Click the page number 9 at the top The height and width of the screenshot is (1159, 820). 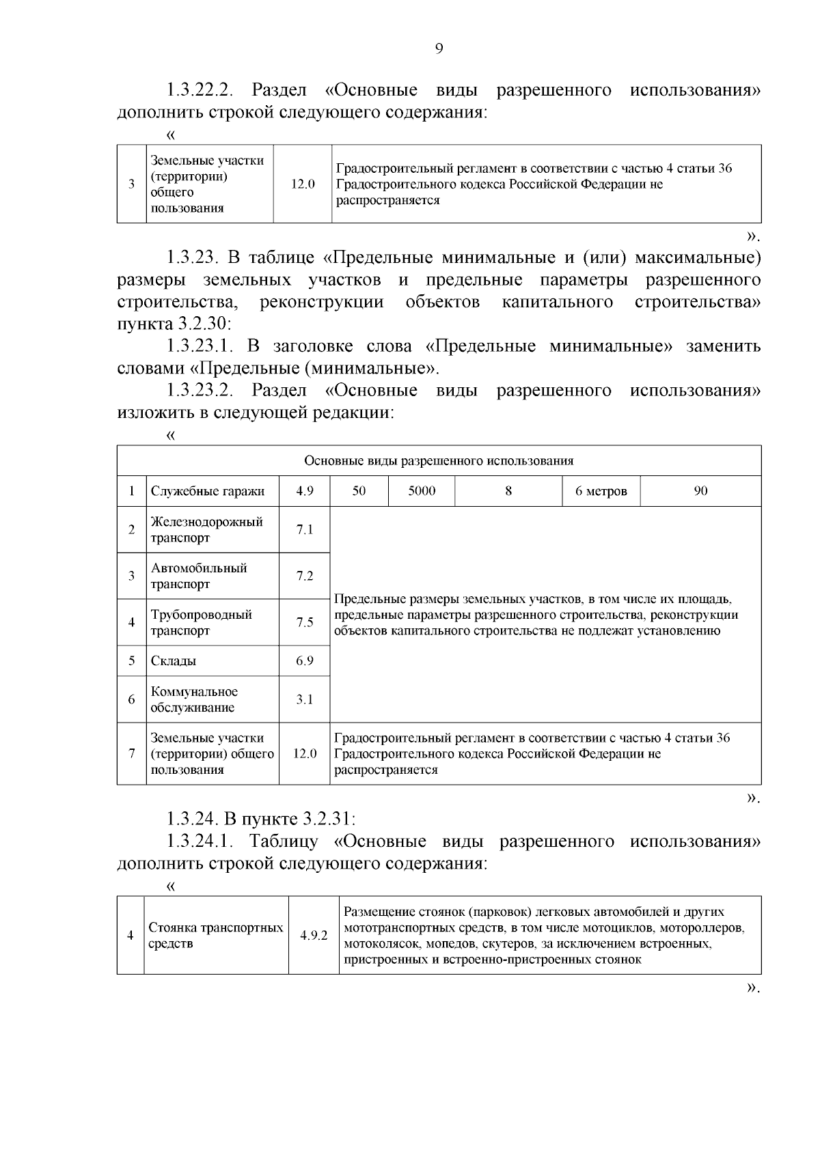click(x=439, y=48)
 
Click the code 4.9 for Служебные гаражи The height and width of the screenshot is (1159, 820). click(x=304, y=491)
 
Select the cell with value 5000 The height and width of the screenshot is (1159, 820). click(x=422, y=491)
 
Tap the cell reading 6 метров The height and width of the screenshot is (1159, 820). click(x=601, y=491)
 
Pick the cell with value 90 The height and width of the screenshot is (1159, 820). click(x=700, y=491)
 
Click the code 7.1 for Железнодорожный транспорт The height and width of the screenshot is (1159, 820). click(x=304, y=529)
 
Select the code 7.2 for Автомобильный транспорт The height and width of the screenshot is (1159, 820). click(x=304, y=576)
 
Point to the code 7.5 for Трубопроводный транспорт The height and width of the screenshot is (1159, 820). click(x=304, y=622)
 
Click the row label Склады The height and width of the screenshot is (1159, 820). click(x=174, y=661)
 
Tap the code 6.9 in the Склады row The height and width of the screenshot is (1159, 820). click(x=304, y=661)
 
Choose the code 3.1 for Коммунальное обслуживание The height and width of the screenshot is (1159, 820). click(x=304, y=699)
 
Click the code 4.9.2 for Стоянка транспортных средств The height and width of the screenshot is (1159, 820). click(x=314, y=936)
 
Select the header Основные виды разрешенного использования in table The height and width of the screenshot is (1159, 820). click(x=439, y=460)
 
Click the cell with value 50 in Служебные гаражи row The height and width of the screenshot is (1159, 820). click(x=359, y=491)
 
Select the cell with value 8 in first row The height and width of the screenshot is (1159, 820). click(x=508, y=491)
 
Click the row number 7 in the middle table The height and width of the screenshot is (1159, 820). click(x=131, y=754)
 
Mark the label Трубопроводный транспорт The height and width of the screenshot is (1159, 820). click(x=202, y=622)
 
